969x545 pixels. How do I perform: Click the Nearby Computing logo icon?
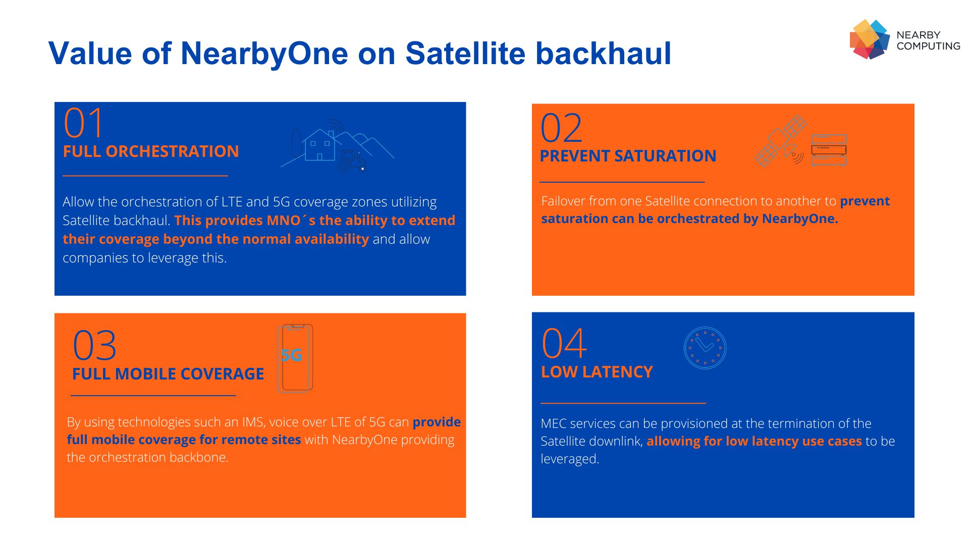tap(869, 39)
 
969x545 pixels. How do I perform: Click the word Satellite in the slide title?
tap(464, 53)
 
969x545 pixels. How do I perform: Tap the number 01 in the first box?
tap(83, 123)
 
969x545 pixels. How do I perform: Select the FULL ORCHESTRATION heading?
tap(150, 151)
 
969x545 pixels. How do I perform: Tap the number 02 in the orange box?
tap(561, 128)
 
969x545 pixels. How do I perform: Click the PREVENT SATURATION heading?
tap(628, 156)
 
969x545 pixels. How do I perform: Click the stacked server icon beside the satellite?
tap(828, 150)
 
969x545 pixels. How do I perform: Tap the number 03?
tap(94, 346)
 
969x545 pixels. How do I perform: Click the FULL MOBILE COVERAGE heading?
tap(168, 374)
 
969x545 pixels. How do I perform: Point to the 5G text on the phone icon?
tap(292, 355)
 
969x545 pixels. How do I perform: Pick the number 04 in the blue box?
tap(564, 344)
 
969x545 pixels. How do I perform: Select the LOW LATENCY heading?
tap(597, 372)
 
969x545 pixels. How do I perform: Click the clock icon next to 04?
tap(705, 348)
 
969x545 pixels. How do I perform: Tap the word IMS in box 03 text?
tap(253, 422)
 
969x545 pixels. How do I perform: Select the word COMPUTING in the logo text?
tap(928, 46)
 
